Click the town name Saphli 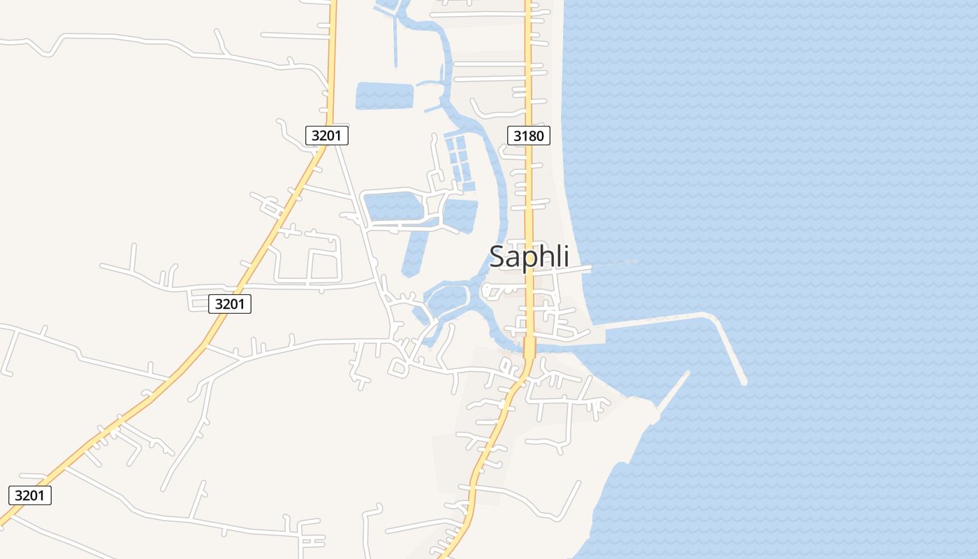(529, 256)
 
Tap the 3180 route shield (528, 136)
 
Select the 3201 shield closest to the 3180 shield (326, 136)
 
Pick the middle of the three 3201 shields (229, 304)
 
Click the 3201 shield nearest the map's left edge (30, 495)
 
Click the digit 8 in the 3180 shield (534, 136)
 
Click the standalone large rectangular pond (384, 96)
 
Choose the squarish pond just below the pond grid (460, 215)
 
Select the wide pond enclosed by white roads (393, 208)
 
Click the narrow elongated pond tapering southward (414, 252)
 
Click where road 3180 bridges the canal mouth (529, 347)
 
